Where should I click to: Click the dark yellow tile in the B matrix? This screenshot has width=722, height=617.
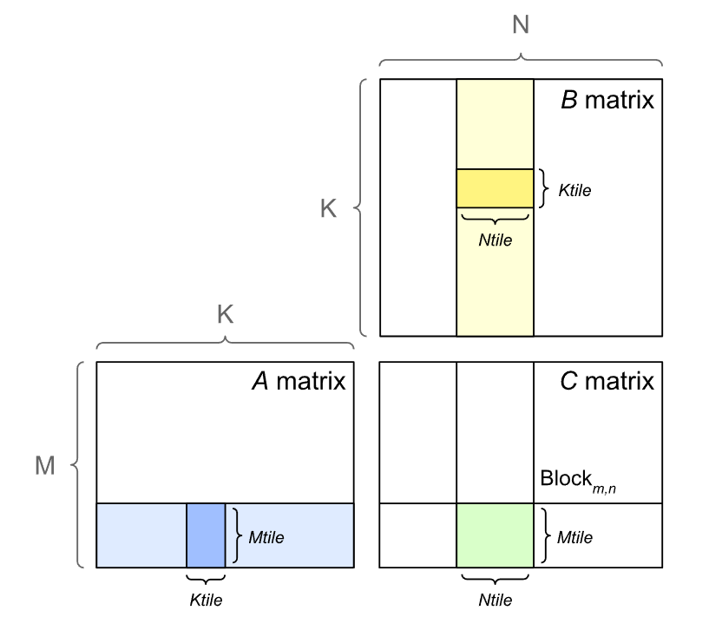coord(495,188)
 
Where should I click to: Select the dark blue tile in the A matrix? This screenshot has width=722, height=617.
coord(206,535)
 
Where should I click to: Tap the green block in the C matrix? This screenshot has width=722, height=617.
coord(495,535)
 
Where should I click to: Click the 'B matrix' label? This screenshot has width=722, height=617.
coord(607,101)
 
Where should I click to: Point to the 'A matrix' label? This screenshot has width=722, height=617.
coord(298,381)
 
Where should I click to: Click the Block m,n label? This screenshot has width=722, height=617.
coord(578,480)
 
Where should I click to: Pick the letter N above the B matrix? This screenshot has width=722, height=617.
coord(521,25)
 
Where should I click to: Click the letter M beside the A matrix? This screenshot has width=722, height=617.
coord(44,466)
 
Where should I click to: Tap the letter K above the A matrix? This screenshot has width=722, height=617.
coord(225,315)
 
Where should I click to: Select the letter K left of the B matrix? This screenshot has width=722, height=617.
coord(328,209)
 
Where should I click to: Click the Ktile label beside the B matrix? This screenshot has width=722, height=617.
coord(574,190)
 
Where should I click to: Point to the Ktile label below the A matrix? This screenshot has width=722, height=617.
coord(207,600)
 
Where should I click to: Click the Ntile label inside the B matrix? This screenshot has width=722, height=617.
coord(495,240)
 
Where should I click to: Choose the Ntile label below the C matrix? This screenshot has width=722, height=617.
coord(495,600)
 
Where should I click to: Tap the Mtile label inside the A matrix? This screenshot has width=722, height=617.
coord(266,537)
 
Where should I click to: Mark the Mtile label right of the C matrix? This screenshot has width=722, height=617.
coord(574,537)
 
